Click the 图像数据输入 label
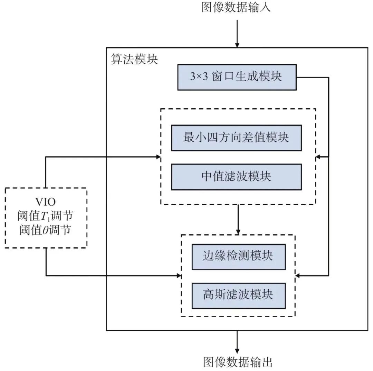click(237, 8)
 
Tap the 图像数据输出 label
click(237, 362)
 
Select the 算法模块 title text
click(134, 59)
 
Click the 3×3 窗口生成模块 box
click(237, 77)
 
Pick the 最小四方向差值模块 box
click(236, 138)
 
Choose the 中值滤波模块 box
click(236, 177)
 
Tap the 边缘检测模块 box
click(238, 257)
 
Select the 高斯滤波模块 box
click(238, 295)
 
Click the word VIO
click(46, 202)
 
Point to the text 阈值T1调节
click(46, 216)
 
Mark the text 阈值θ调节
click(46, 230)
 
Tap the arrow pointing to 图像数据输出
click(237, 341)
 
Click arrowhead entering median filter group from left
click(158, 157)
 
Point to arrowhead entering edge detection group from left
click(179, 275)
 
